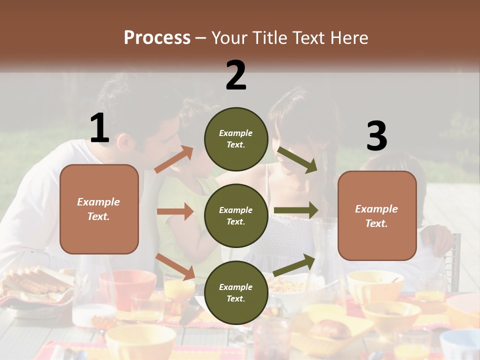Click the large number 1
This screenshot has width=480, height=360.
point(99,128)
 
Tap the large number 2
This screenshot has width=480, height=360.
point(236,75)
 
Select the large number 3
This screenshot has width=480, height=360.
point(376,136)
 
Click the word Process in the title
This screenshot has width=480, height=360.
point(157,37)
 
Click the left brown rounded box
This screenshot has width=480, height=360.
point(99,209)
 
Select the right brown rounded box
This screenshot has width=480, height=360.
point(377,215)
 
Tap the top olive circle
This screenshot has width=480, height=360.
point(236,139)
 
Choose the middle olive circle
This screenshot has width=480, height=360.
point(236,215)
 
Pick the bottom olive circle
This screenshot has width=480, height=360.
point(236,292)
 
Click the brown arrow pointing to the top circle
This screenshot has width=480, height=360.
point(174,159)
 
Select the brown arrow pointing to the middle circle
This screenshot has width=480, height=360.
point(175,211)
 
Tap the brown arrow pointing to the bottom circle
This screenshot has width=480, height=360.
point(175,266)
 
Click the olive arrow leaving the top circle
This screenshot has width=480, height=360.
point(297,159)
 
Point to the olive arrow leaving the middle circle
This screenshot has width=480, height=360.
point(296,210)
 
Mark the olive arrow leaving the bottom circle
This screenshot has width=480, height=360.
point(294,265)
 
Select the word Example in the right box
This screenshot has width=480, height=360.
point(376,209)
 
